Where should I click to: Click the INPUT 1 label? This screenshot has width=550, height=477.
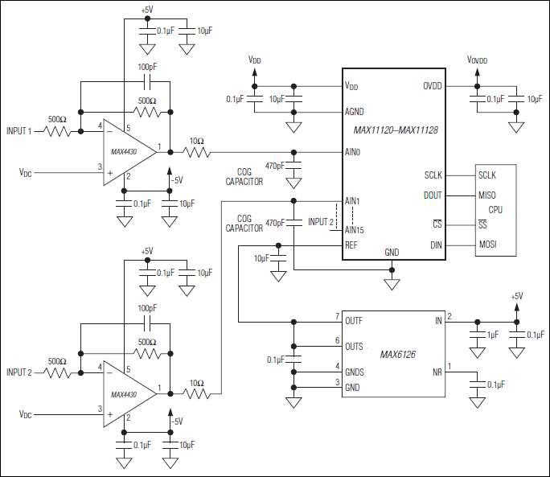pyautogui.click(x=18, y=131)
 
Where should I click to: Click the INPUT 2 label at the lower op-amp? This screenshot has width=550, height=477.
pyautogui.click(x=18, y=372)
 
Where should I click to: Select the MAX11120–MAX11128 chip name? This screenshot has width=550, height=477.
pyautogui.click(x=395, y=129)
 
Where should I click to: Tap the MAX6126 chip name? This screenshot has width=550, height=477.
pyautogui.click(x=400, y=353)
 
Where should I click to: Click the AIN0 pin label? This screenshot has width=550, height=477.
pyautogui.click(x=352, y=151)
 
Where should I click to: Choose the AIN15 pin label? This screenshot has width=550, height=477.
pyautogui.click(x=354, y=230)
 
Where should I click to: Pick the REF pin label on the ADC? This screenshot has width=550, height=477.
pyautogui.click(x=351, y=245)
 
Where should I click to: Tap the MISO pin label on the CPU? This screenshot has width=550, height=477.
pyautogui.click(x=487, y=195)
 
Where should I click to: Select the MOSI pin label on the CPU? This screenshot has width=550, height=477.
pyautogui.click(x=488, y=245)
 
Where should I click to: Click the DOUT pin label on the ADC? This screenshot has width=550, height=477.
pyautogui.click(x=432, y=195)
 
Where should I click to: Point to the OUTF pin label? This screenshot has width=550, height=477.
pyautogui.click(x=354, y=320)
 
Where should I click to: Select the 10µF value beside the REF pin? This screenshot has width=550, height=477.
pyautogui.click(x=261, y=258)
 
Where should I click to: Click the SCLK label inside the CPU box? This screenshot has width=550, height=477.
pyautogui.click(x=487, y=175)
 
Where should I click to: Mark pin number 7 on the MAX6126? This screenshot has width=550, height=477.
pyautogui.click(x=338, y=316)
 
